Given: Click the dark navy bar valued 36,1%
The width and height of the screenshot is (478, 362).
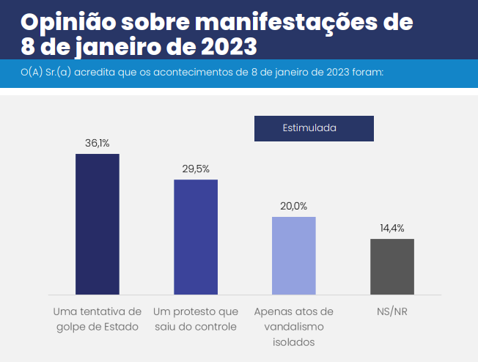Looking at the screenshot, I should pos(98,224).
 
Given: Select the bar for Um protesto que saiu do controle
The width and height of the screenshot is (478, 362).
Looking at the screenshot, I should pos(196,236).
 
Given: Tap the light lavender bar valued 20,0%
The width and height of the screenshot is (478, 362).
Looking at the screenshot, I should pos(293,255).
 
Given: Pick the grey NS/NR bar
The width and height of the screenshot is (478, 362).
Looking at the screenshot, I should pos(391,266).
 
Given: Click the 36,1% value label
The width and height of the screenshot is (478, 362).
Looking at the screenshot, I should pos(98,143).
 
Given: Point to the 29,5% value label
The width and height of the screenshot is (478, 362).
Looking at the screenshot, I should pos(196,169).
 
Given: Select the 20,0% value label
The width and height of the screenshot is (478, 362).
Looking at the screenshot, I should pos(293,206).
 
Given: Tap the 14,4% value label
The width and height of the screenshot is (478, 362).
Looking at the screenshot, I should pos(391,228).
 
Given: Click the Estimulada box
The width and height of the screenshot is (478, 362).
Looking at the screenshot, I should pos(314,128).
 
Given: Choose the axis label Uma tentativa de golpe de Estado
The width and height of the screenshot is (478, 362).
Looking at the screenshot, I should pos(98,319).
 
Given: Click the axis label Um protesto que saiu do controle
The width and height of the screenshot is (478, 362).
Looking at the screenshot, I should pos(196,319).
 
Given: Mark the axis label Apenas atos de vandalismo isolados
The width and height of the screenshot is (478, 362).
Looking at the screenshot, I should pos(293,327).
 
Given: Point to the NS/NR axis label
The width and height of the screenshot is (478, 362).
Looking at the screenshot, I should pos(391,311).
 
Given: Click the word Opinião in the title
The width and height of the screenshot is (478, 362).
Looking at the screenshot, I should pos(65,22).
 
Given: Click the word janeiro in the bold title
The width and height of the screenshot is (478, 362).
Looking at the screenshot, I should pos(109,48).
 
